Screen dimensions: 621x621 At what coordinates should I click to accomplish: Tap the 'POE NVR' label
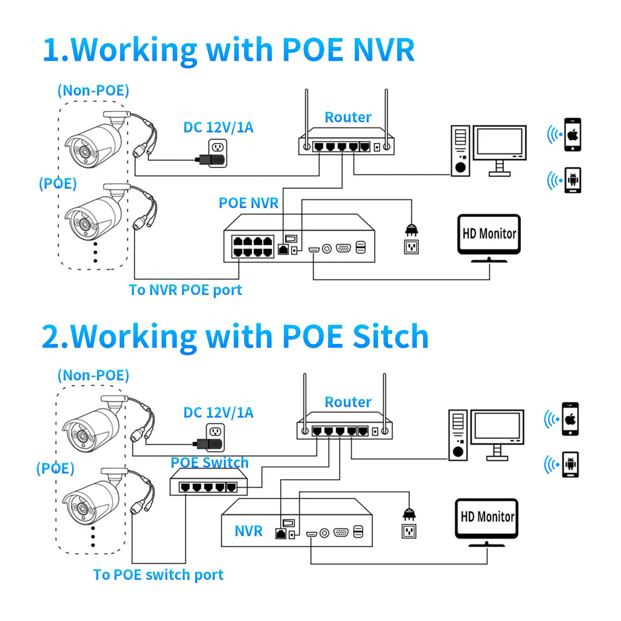click(249, 203)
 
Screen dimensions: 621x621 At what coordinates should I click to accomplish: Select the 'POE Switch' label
click(209, 462)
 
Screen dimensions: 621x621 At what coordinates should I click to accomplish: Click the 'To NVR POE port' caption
click(186, 290)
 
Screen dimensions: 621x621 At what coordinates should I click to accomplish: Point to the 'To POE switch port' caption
click(158, 575)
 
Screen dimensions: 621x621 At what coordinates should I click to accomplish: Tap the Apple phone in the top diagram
click(572, 135)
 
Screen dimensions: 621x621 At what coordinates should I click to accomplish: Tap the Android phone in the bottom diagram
click(570, 465)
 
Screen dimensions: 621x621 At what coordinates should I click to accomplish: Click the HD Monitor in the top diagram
click(489, 238)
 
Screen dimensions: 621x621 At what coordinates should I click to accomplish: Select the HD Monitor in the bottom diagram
click(487, 522)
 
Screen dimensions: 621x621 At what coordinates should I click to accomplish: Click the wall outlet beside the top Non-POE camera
click(218, 152)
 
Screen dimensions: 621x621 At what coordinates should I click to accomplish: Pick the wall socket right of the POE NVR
click(412, 247)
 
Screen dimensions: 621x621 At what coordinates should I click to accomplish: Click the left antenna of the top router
click(306, 119)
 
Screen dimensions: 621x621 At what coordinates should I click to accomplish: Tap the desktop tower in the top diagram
click(460, 150)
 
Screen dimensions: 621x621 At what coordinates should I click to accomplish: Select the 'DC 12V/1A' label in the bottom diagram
click(218, 412)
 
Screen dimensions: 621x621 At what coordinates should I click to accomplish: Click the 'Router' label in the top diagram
click(348, 117)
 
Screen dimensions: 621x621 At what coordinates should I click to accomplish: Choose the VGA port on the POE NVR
click(343, 248)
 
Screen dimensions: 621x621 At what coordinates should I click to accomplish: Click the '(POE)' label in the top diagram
click(58, 183)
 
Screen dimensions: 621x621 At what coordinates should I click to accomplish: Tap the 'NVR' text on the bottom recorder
click(248, 531)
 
